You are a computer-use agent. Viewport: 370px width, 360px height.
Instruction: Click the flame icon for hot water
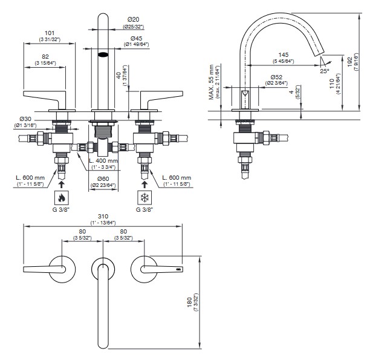pyautogui.click(x=61, y=197)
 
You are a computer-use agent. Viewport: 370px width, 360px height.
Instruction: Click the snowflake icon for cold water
pyautogui.click(x=144, y=197)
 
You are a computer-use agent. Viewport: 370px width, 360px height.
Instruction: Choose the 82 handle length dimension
pyautogui.click(x=42, y=56)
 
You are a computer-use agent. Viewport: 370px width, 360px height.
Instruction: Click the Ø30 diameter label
pyautogui.click(x=26, y=119)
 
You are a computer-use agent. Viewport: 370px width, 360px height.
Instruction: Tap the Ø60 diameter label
pyautogui.click(x=103, y=179)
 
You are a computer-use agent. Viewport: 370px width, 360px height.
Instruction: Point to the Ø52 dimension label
pyautogui.click(x=277, y=77)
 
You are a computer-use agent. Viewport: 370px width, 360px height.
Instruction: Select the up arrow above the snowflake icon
pyautogui.click(x=144, y=180)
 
